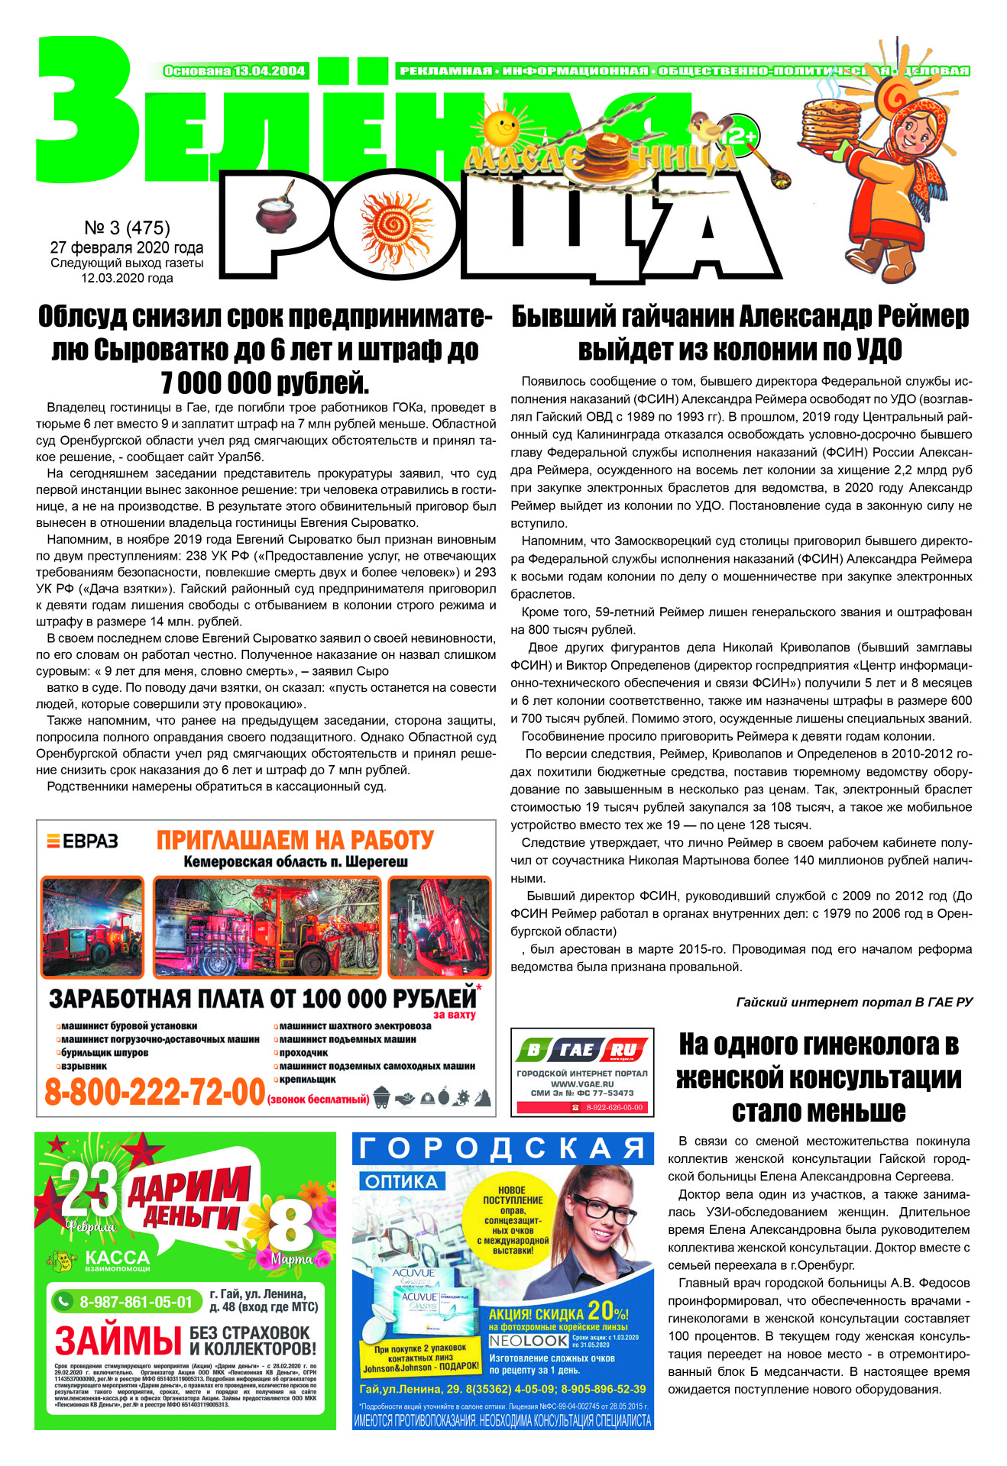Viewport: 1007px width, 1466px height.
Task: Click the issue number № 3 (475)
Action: [x=127, y=228]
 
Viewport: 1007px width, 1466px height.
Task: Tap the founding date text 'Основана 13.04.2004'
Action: [x=235, y=71]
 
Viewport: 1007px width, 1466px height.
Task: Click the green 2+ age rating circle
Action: [x=741, y=134]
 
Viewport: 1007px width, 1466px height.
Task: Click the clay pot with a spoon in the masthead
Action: [x=274, y=208]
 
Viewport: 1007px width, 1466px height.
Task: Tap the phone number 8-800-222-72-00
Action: [x=154, y=1092]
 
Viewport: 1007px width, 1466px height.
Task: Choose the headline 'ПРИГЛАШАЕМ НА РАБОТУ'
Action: [x=295, y=841]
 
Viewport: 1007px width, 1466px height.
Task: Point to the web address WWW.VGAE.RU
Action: [x=582, y=1083]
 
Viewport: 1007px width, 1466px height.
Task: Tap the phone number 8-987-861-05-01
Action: [x=136, y=1302]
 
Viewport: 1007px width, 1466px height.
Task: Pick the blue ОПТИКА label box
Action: [x=400, y=1182]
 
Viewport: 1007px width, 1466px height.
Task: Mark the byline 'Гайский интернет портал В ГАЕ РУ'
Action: [x=854, y=1002]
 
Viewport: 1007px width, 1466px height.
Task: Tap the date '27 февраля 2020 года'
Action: [x=127, y=247]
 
